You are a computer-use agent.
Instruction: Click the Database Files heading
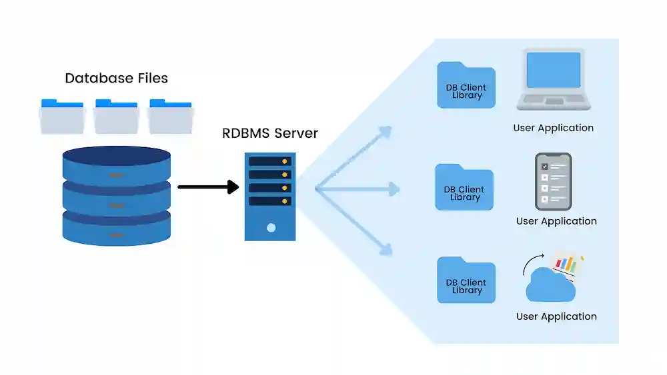point(116,78)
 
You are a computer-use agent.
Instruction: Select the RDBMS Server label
point(270,133)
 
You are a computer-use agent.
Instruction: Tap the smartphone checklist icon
point(553,181)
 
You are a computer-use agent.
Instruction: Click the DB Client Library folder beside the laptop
point(466,86)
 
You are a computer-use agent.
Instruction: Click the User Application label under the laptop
point(553,128)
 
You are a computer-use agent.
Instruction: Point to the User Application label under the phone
point(556,221)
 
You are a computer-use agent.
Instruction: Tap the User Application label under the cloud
point(556,316)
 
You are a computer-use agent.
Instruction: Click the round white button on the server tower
point(271,228)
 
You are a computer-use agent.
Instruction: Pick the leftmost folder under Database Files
point(62,117)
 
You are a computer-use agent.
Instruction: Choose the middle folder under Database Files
point(116,117)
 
